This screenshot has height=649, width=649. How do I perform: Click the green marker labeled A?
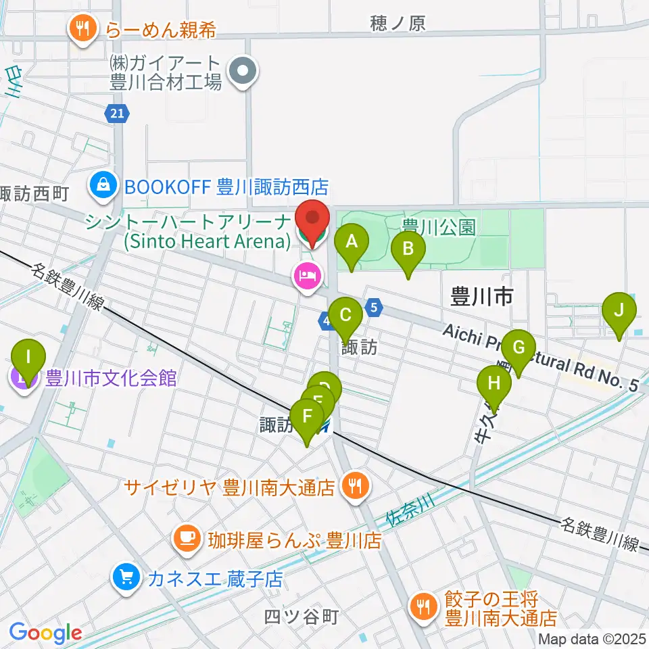click(x=352, y=243)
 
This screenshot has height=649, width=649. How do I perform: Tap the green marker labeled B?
click(x=408, y=249)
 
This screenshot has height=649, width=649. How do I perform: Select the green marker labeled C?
click(x=345, y=315)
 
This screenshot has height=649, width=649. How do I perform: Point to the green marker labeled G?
click(x=519, y=348)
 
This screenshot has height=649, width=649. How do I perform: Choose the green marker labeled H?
click(x=494, y=384)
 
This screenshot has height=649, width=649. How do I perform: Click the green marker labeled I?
click(x=28, y=357)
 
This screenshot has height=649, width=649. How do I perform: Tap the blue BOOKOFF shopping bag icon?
click(x=105, y=185)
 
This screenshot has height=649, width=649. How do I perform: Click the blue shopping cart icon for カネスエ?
click(x=126, y=578)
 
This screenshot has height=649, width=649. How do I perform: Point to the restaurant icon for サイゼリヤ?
click(x=353, y=485)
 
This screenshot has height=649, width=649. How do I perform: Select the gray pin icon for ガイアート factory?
click(x=242, y=72)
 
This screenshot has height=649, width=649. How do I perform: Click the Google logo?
click(x=46, y=633)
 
